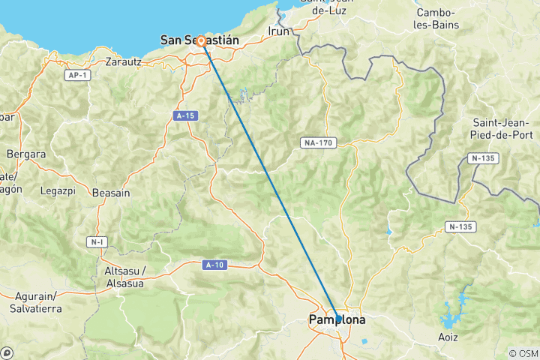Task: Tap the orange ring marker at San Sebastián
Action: click(201, 41)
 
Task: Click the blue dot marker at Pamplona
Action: click(337, 319)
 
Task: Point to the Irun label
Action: click(278, 31)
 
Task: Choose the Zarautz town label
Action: click(124, 61)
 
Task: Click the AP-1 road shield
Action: click(76, 76)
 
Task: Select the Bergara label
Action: click(26, 154)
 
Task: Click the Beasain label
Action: click(111, 193)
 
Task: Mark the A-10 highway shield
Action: click(214, 264)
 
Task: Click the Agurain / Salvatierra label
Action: click(35, 302)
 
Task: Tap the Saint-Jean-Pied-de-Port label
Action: click(502, 129)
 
